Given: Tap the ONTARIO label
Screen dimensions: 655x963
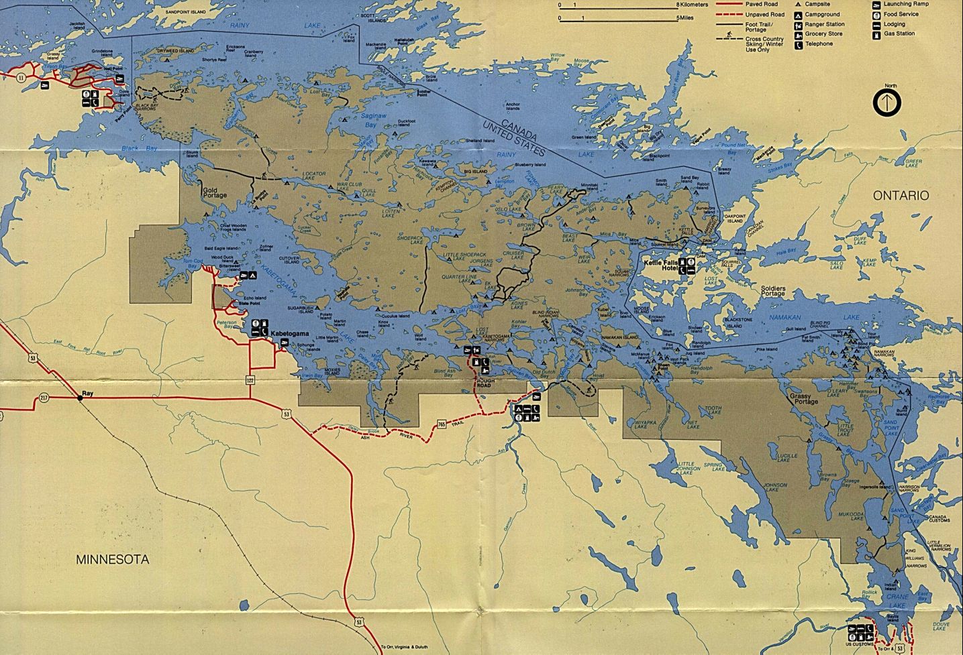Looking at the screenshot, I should click(901, 195).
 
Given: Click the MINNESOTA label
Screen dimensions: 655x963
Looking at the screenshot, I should click(112, 559).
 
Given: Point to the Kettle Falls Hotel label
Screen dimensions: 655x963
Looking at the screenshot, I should click(662, 266).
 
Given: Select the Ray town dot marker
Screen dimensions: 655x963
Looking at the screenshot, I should click(80, 398).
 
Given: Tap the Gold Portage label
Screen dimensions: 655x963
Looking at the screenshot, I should click(215, 192).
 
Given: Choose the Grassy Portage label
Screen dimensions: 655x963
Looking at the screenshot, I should click(805, 399).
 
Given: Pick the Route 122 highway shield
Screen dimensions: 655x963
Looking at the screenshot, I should click(250, 380).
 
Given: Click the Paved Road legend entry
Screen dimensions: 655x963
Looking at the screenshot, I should click(761, 4).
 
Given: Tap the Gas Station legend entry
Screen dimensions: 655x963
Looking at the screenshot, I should click(899, 34).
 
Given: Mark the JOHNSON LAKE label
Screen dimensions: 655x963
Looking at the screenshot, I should click(775, 487).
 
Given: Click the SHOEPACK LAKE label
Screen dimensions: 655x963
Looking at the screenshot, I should click(411, 239).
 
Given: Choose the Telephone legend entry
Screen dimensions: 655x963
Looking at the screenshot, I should click(819, 44).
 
